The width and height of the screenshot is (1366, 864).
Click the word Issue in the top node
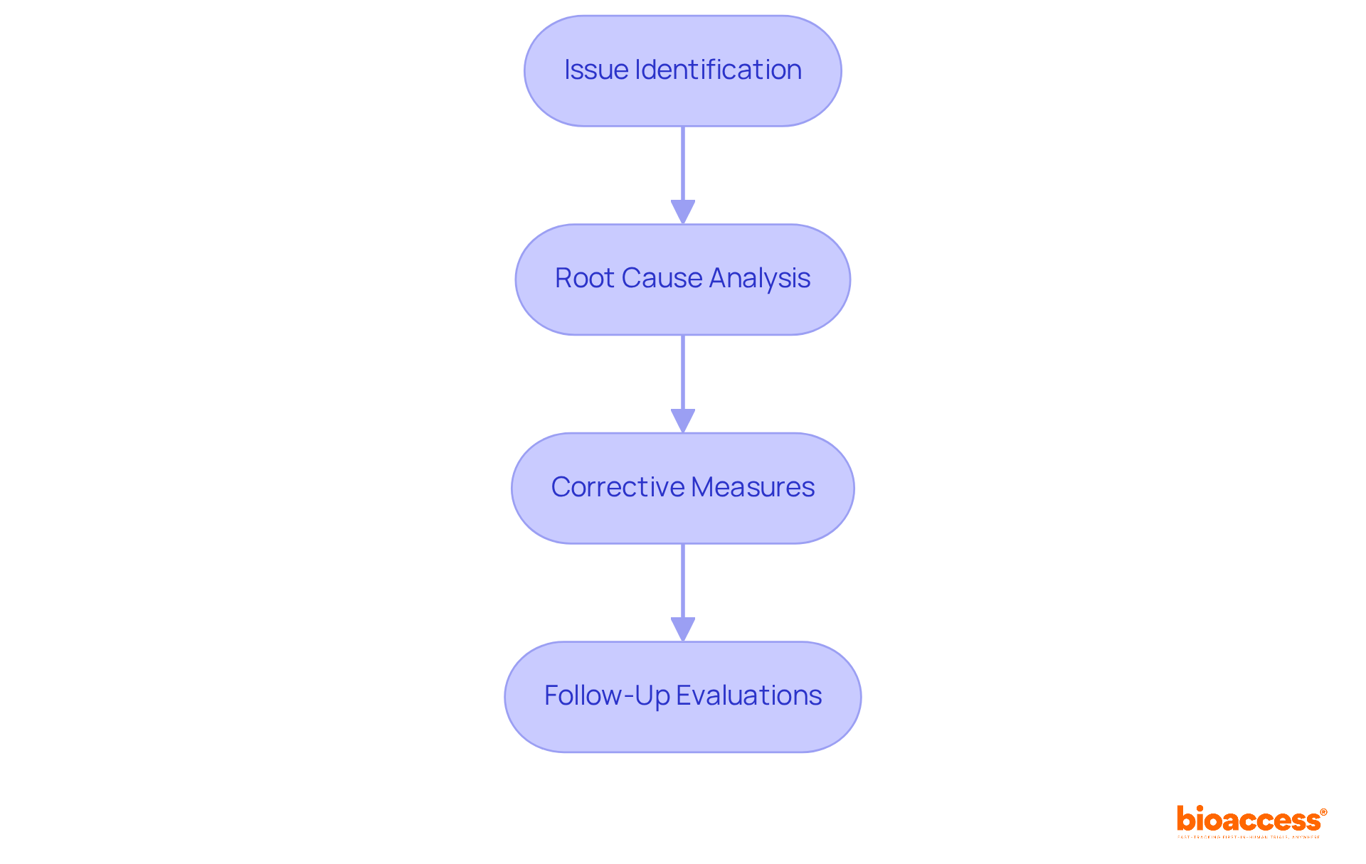click(x=595, y=70)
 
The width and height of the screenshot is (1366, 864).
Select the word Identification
click(x=718, y=70)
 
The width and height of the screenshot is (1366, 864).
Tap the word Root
click(x=584, y=278)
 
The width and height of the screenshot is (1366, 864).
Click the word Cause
click(x=662, y=278)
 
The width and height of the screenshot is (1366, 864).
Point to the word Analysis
click(x=760, y=279)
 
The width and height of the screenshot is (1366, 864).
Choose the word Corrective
click(x=617, y=487)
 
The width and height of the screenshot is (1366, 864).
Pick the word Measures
click(x=753, y=487)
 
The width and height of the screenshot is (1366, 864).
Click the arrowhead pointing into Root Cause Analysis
click(x=683, y=211)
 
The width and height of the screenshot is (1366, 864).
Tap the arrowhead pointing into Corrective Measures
click(x=683, y=420)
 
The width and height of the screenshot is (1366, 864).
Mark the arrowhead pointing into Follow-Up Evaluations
click(x=683, y=629)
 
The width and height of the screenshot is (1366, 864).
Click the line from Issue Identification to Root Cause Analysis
click(x=683, y=164)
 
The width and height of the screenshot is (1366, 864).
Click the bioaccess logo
click(x=1248, y=820)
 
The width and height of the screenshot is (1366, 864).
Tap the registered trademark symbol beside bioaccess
click(x=1323, y=812)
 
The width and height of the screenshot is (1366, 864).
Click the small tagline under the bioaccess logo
click(x=1248, y=838)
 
